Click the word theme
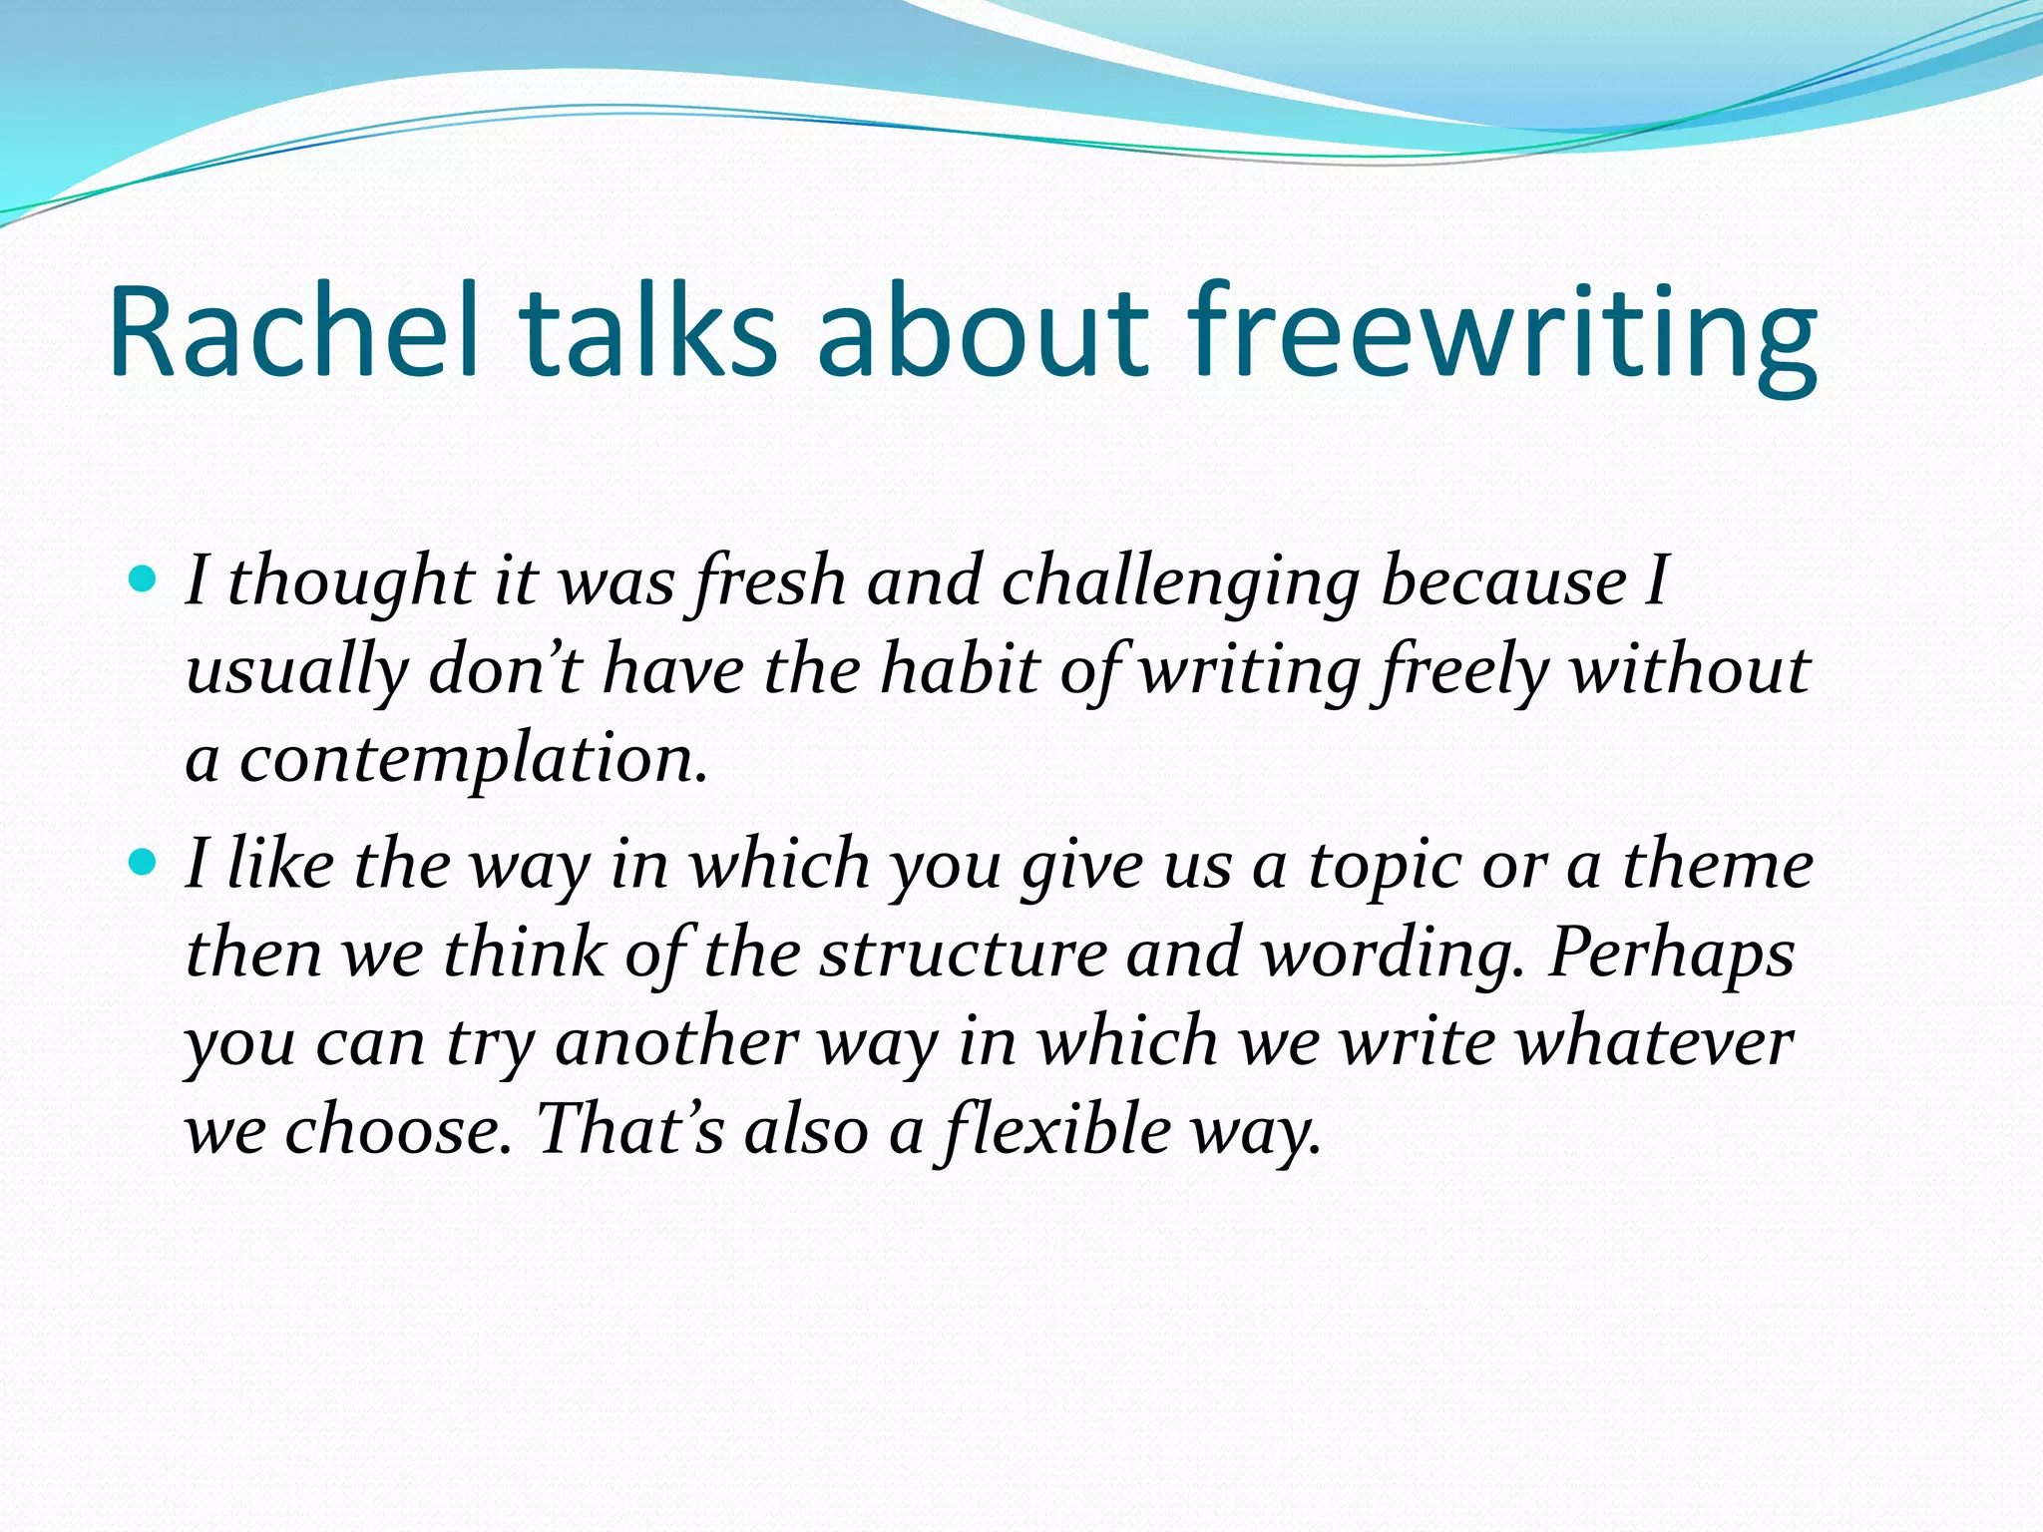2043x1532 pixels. click(x=1717, y=864)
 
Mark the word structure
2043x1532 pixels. click(x=964, y=954)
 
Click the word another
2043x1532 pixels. click(x=676, y=1042)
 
